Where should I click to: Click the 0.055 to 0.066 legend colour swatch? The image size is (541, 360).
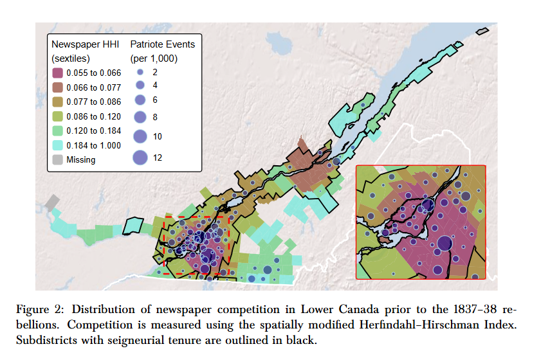pos(58,73)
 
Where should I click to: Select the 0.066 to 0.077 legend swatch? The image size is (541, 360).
pos(58,87)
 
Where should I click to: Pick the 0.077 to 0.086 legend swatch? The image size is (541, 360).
pos(58,102)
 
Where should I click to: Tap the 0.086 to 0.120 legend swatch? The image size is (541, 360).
pos(58,116)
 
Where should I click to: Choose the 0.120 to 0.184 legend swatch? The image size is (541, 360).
pos(58,130)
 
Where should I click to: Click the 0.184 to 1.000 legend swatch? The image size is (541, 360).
pos(58,145)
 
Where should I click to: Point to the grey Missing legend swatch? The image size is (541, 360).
pos(58,159)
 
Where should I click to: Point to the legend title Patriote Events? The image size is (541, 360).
pos(162,44)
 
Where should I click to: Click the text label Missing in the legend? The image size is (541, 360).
pos(81,160)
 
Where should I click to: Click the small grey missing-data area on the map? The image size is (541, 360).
pos(51,202)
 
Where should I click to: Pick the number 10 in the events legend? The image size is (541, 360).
pos(158,136)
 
